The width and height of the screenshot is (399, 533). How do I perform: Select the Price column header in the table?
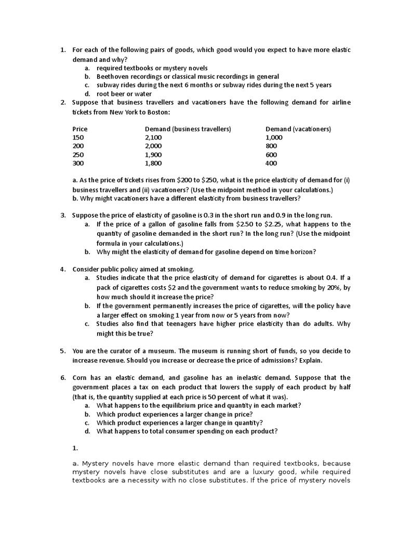tap(80, 129)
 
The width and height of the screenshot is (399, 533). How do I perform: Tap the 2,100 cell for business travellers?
tap(153, 137)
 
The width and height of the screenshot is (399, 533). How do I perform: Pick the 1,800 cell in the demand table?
tap(153, 163)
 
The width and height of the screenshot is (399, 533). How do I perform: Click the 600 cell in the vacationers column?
tap(271, 155)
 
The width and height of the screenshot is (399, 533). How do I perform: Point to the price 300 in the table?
tap(78, 163)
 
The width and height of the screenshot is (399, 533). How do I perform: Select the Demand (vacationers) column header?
tap(298, 129)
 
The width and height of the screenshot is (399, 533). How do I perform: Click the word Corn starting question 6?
tap(80, 378)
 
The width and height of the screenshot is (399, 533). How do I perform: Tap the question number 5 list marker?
tap(62, 351)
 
